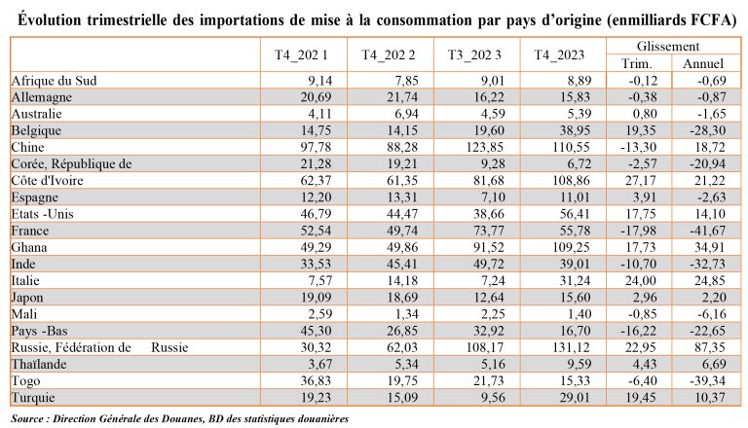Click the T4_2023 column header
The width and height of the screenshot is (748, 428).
(x=559, y=54)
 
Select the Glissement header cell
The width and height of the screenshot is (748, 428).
(x=668, y=47)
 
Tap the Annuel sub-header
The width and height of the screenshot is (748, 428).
(x=703, y=63)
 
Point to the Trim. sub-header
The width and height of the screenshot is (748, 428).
(x=636, y=63)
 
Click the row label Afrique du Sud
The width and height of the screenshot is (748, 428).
(x=54, y=81)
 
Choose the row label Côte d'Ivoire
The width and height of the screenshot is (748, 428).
(x=47, y=181)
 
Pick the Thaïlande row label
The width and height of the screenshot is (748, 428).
(x=39, y=364)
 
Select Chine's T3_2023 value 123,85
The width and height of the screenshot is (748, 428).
(x=485, y=147)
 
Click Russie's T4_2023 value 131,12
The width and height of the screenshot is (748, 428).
(x=571, y=347)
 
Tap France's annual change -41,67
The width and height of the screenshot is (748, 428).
(x=708, y=231)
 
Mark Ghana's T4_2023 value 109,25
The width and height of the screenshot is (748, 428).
(x=571, y=247)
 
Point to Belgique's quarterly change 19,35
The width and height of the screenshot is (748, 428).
(x=641, y=130)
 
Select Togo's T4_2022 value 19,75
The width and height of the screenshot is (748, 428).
(x=402, y=380)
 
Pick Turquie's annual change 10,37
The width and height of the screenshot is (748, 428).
(x=710, y=398)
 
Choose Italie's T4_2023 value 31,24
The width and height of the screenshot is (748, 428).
(x=576, y=281)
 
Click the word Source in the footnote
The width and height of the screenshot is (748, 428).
(x=26, y=419)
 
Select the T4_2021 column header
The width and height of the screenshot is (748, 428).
(x=301, y=54)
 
